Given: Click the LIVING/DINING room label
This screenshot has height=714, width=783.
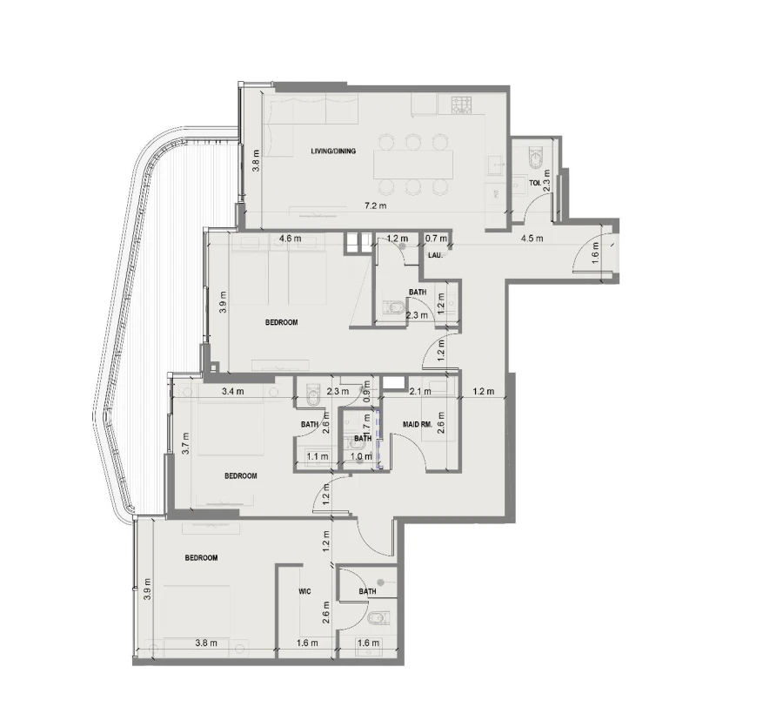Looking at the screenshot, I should point(333,152).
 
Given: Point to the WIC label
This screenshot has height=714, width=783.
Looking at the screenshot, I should point(304,591).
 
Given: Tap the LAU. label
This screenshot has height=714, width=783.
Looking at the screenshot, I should point(436,255).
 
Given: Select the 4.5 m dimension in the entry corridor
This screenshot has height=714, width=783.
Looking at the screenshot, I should point(532,239).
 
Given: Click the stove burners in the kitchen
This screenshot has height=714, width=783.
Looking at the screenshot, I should point(459,105).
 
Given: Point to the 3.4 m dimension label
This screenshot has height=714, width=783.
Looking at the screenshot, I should point(232,391).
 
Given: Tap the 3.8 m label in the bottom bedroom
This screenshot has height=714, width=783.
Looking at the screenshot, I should point(206,643).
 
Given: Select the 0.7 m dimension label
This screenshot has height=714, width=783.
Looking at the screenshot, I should point(436,239).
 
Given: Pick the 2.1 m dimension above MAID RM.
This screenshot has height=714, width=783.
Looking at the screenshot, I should point(419,391).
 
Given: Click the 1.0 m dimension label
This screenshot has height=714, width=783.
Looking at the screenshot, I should point(361,455).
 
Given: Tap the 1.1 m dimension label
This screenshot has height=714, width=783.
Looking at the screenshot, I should point(318,455).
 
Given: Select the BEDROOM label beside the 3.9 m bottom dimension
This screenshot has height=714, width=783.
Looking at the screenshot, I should point(201,557).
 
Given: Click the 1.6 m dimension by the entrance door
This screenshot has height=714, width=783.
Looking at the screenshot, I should point(596,253).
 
